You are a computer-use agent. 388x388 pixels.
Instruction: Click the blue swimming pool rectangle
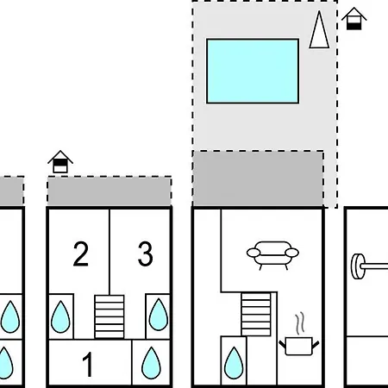click(253, 71)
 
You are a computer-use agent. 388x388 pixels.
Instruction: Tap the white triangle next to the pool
click(319, 29)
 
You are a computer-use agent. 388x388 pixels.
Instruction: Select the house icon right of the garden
click(354, 19)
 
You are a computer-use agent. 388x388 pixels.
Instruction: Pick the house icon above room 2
click(60, 162)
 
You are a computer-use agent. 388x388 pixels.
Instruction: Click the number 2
click(81, 253)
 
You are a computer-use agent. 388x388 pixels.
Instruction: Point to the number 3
click(145, 253)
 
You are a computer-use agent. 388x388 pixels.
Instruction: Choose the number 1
click(88, 364)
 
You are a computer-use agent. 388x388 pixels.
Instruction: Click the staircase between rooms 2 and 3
click(110, 316)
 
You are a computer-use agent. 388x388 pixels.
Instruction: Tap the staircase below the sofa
click(256, 314)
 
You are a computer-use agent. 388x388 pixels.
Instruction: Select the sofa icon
click(272, 255)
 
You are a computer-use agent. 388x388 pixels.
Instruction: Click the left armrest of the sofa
click(253, 253)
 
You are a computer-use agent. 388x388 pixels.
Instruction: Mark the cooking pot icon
click(299, 346)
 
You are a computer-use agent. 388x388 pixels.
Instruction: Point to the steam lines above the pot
click(300, 323)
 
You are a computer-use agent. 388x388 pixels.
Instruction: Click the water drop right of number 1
click(151, 363)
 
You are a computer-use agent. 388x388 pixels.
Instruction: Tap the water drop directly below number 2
click(60, 316)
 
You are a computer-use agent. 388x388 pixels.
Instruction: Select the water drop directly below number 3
click(159, 315)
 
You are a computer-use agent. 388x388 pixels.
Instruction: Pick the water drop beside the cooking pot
click(234, 363)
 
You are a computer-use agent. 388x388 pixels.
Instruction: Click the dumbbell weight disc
click(359, 266)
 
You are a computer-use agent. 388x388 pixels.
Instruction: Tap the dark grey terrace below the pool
click(258, 178)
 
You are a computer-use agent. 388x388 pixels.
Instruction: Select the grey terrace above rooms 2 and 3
click(110, 191)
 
